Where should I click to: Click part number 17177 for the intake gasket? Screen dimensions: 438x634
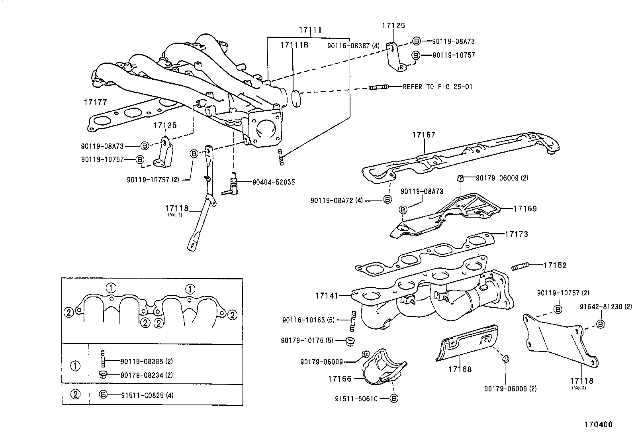(95, 102)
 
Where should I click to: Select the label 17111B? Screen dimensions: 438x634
(294, 45)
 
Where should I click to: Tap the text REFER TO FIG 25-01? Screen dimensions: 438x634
(437, 86)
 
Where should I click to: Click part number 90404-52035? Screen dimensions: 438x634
(274, 182)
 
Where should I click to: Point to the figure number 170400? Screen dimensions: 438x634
(598, 424)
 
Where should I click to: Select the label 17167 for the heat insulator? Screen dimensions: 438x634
(424, 135)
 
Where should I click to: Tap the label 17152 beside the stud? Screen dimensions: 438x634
(555, 265)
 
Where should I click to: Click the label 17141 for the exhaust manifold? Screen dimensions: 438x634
(327, 296)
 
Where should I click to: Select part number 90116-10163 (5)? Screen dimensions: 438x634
(309, 320)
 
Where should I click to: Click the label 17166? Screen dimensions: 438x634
(340, 379)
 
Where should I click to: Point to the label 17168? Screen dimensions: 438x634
(460, 369)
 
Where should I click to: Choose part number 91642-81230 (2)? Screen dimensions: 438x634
(605, 306)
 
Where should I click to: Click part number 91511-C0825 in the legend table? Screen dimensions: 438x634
(142, 395)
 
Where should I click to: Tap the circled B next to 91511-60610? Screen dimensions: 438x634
(394, 398)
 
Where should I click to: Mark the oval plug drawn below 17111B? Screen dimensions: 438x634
(296, 99)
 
